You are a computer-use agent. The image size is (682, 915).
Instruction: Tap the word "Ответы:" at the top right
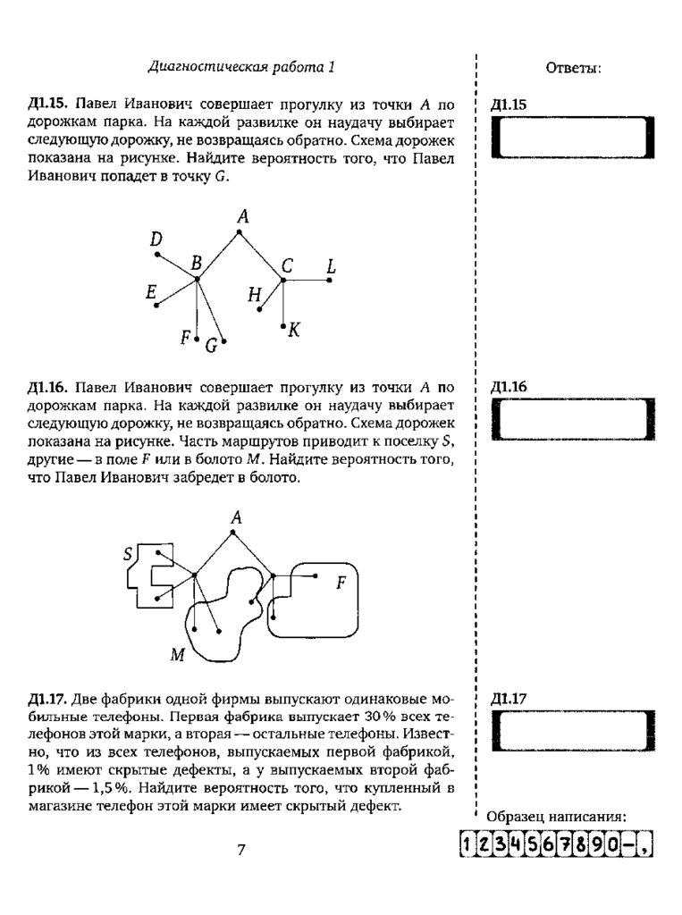tap(573, 68)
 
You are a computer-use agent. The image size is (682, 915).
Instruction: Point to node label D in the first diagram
tap(156, 239)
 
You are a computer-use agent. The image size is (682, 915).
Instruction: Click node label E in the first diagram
tap(151, 292)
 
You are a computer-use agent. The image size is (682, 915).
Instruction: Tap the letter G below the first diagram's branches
tap(212, 347)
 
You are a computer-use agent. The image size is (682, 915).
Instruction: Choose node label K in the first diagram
tap(294, 331)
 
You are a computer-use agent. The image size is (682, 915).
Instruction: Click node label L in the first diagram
tap(331, 266)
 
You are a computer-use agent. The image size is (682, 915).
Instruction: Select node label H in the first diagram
tap(255, 295)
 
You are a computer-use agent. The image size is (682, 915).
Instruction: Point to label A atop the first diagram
tap(241, 215)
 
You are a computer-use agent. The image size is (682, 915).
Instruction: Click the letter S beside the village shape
tap(128, 555)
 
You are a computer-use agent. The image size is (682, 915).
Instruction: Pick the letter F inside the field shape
tap(340, 584)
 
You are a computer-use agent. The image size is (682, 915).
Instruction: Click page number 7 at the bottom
tap(241, 850)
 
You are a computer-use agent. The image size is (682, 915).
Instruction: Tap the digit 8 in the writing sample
tap(576, 844)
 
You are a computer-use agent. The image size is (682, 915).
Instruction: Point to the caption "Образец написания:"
tap(555, 817)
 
